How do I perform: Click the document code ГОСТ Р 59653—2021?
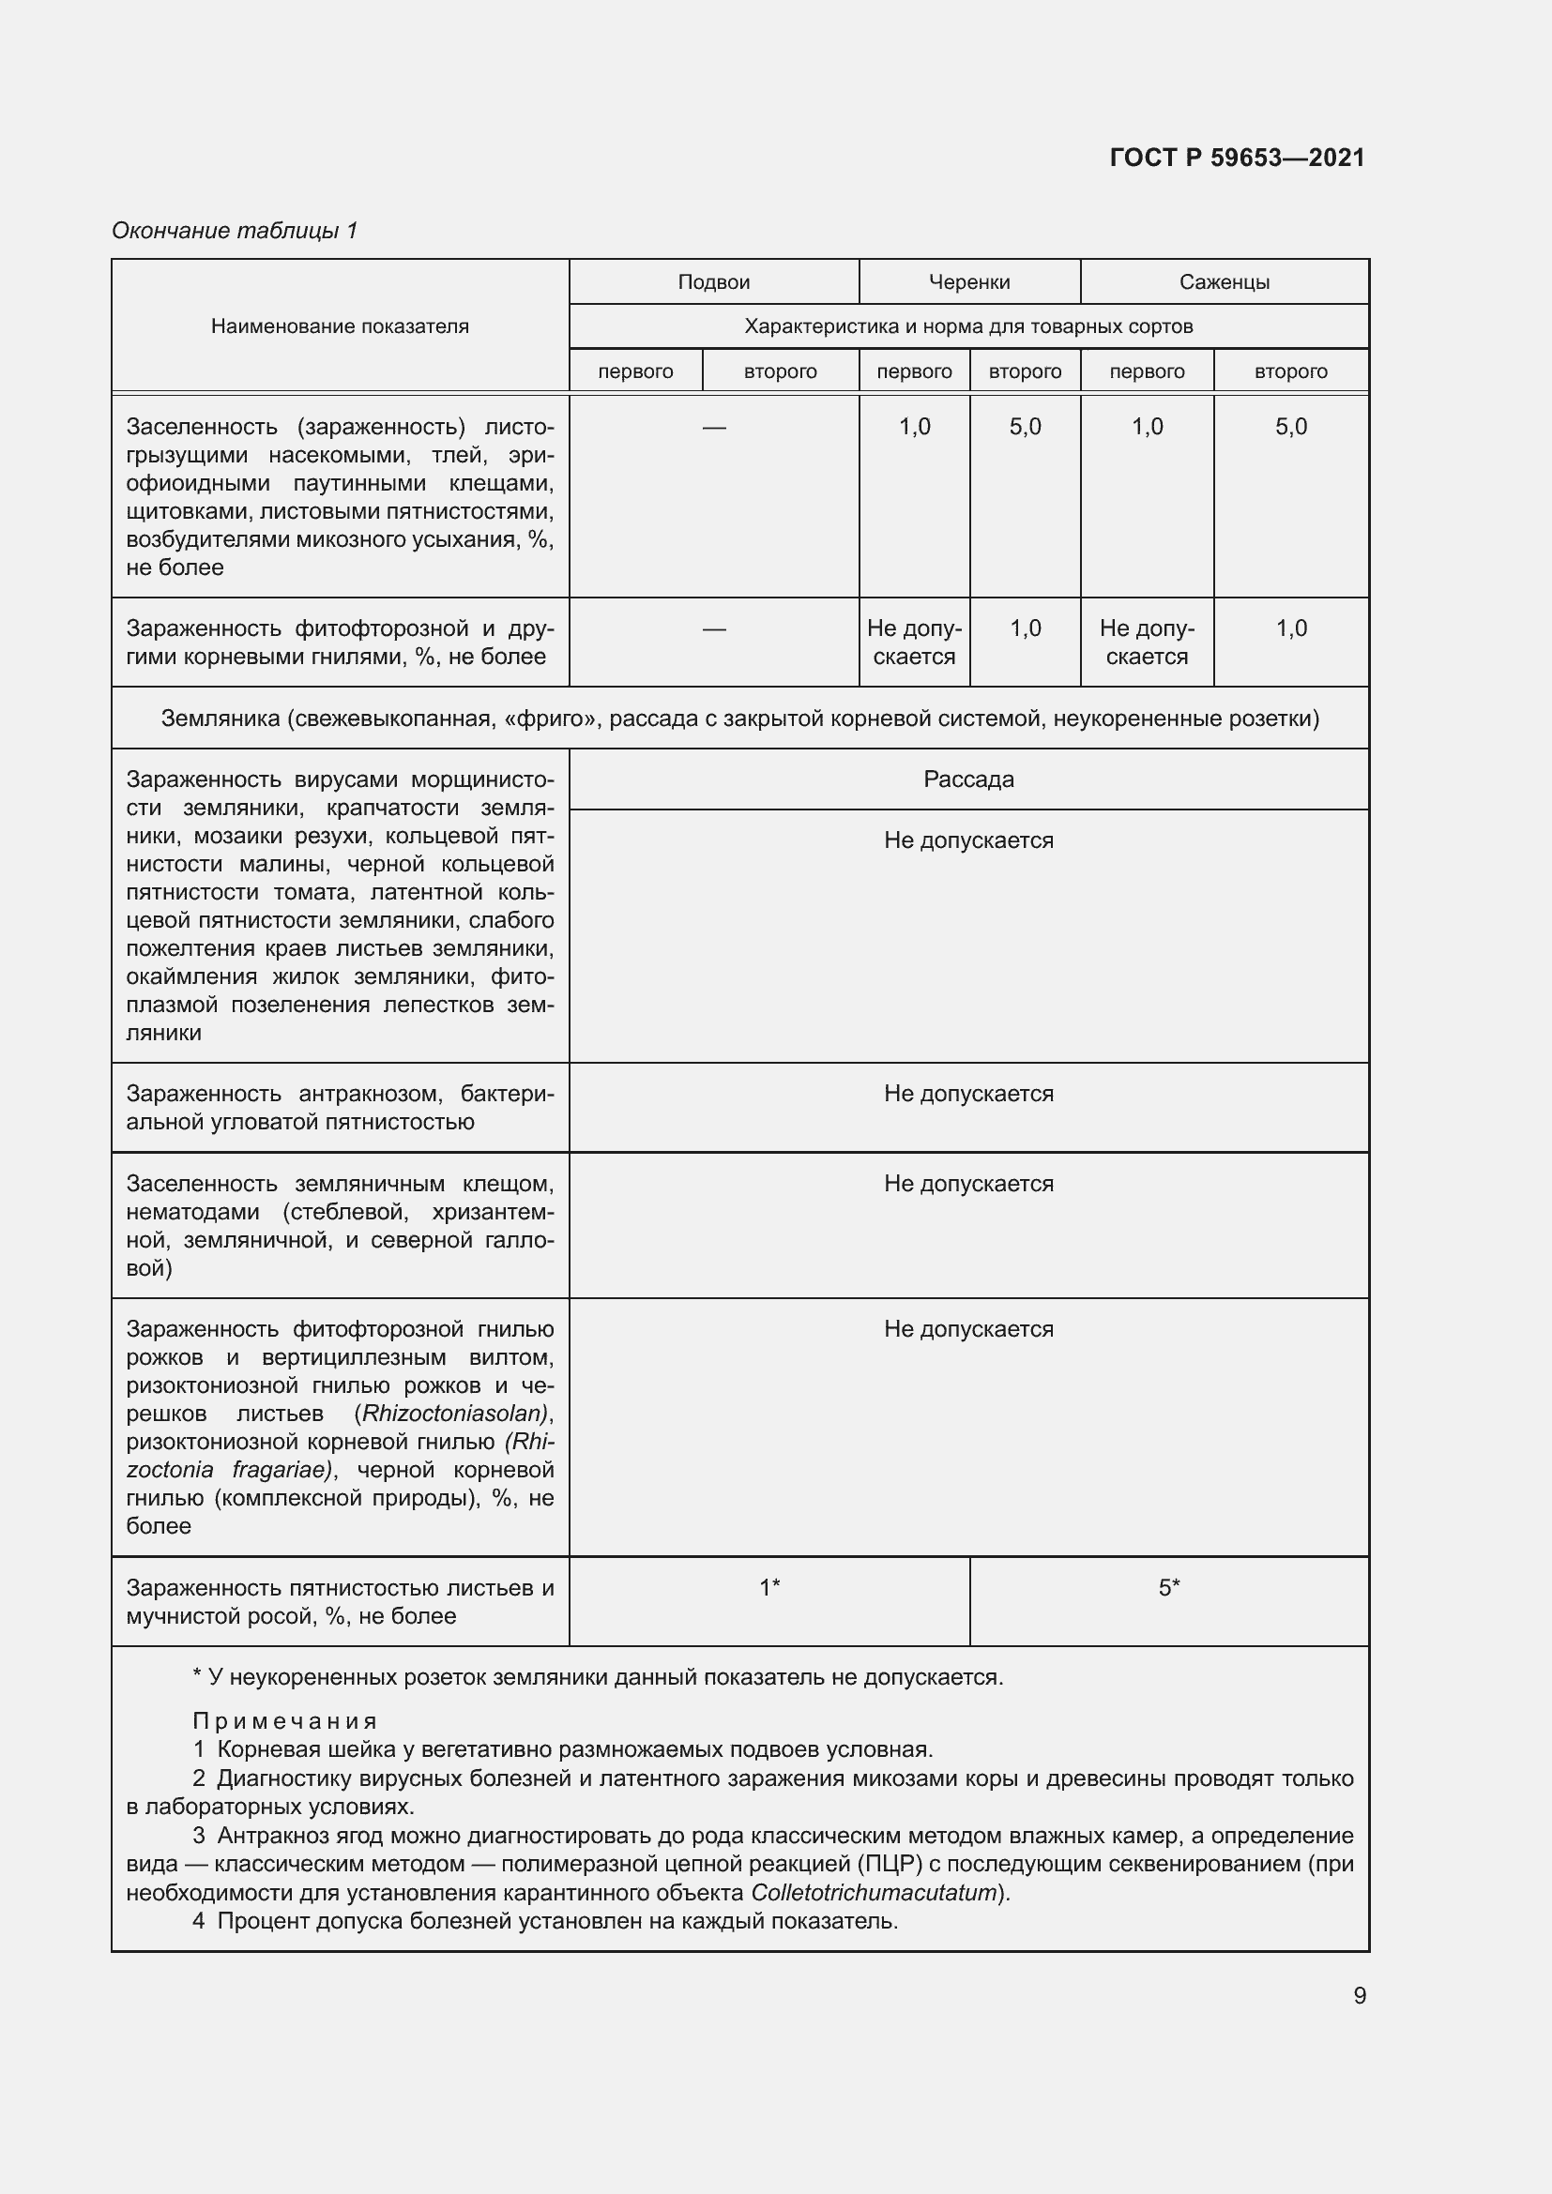pyautogui.click(x=1237, y=158)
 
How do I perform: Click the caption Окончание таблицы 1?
pyautogui.click(x=235, y=231)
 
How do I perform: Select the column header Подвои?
pyautogui.click(x=713, y=282)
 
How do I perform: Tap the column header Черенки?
pyautogui.click(x=969, y=282)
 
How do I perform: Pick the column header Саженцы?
pyautogui.click(x=1224, y=282)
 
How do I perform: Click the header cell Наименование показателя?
pyautogui.click(x=340, y=325)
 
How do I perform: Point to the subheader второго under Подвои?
pyautogui.click(x=780, y=371)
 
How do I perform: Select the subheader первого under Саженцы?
pyautogui.click(x=1146, y=371)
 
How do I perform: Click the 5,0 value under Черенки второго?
pyautogui.click(x=1025, y=427)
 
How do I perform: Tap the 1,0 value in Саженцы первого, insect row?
pyautogui.click(x=1146, y=427)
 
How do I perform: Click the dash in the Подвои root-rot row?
pyautogui.click(x=713, y=628)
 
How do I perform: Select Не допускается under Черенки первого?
pyautogui.click(x=914, y=643)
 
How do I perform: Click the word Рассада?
pyautogui.click(x=968, y=779)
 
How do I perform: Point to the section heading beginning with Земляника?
pyautogui.click(x=739, y=719)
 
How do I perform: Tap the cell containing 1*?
pyautogui.click(x=769, y=1588)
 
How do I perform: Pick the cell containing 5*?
pyautogui.click(x=1169, y=1588)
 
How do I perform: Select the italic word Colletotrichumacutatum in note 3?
pyautogui.click(x=875, y=1893)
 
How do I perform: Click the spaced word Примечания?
pyautogui.click(x=285, y=1721)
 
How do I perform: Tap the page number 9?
pyautogui.click(x=1359, y=1995)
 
